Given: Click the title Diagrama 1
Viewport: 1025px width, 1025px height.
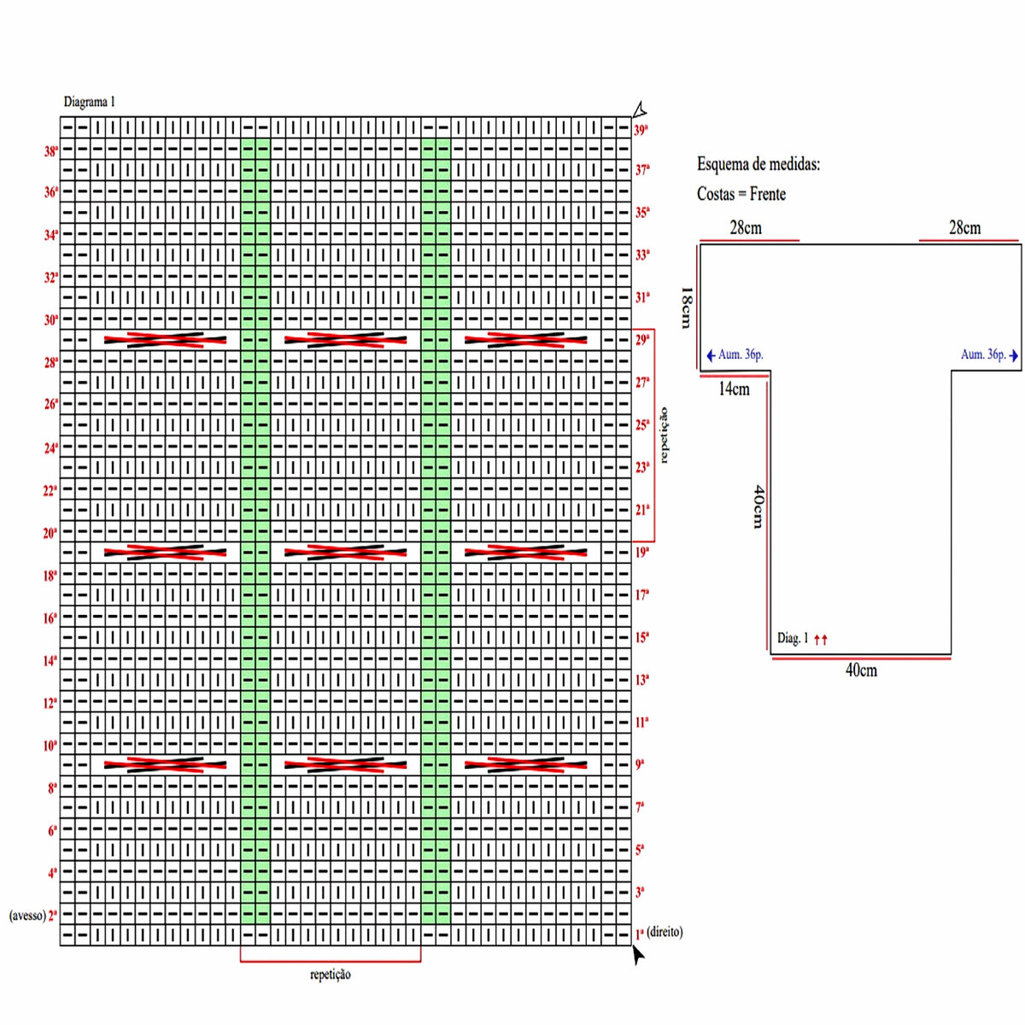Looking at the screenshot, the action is click(x=90, y=102).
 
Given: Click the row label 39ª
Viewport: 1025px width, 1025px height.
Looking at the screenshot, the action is click(x=641, y=130).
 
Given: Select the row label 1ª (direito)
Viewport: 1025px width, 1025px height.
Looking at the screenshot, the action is click(x=659, y=932).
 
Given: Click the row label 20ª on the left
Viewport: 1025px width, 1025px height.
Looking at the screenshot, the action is click(x=50, y=533).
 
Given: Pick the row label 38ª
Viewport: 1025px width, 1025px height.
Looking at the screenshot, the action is click(x=51, y=151).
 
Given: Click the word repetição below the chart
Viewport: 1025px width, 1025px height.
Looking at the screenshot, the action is click(x=331, y=975).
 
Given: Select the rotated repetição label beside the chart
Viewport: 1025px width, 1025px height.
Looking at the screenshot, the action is click(x=665, y=435).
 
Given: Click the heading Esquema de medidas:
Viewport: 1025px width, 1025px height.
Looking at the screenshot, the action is click(x=758, y=164).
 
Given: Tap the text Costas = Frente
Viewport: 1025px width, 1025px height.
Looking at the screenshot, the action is click(x=741, y=194).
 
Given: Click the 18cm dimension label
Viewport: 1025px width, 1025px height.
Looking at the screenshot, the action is click(x=687, y=308).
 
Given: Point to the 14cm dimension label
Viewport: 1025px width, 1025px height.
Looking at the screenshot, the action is click(x=734, y=389).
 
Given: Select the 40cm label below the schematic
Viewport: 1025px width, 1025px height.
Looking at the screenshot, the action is click(x=861, y=670).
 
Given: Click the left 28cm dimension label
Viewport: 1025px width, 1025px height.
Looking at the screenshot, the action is click(x=746, y=228).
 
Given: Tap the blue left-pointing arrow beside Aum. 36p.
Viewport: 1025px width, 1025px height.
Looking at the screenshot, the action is click(x=712, y=355).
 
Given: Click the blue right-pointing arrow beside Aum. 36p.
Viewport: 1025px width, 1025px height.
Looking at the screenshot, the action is click(x=1014, y=355).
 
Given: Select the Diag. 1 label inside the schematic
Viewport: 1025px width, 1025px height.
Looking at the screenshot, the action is click(x=793, y=638).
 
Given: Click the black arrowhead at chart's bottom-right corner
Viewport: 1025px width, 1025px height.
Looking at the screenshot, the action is click(x=638, y=955).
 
